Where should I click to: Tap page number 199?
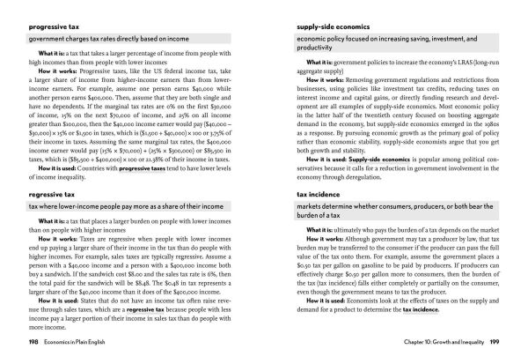494,339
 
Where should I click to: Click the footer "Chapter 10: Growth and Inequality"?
437,339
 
